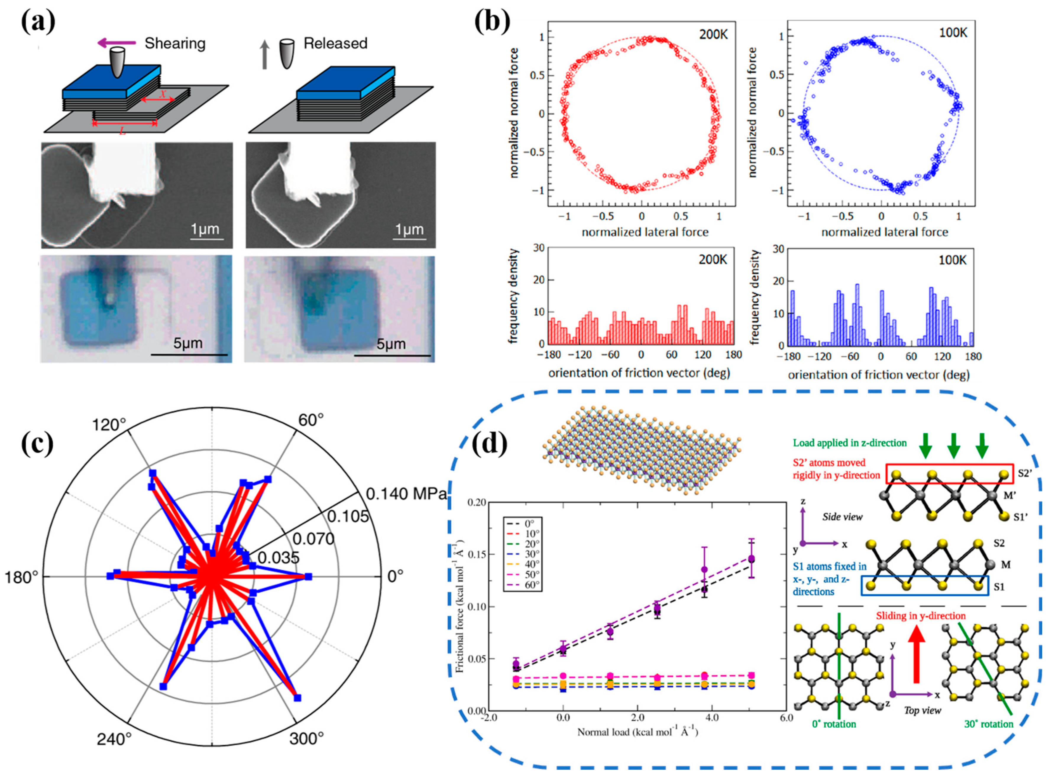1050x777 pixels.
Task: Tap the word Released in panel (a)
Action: pos(335,43)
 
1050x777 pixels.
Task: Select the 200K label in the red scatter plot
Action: pos(713,35)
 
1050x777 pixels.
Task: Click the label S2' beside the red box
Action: pos(1025,473)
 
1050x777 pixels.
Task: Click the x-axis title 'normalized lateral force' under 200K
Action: pos(645,232)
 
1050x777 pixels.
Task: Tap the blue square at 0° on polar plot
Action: pos(308,577)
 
